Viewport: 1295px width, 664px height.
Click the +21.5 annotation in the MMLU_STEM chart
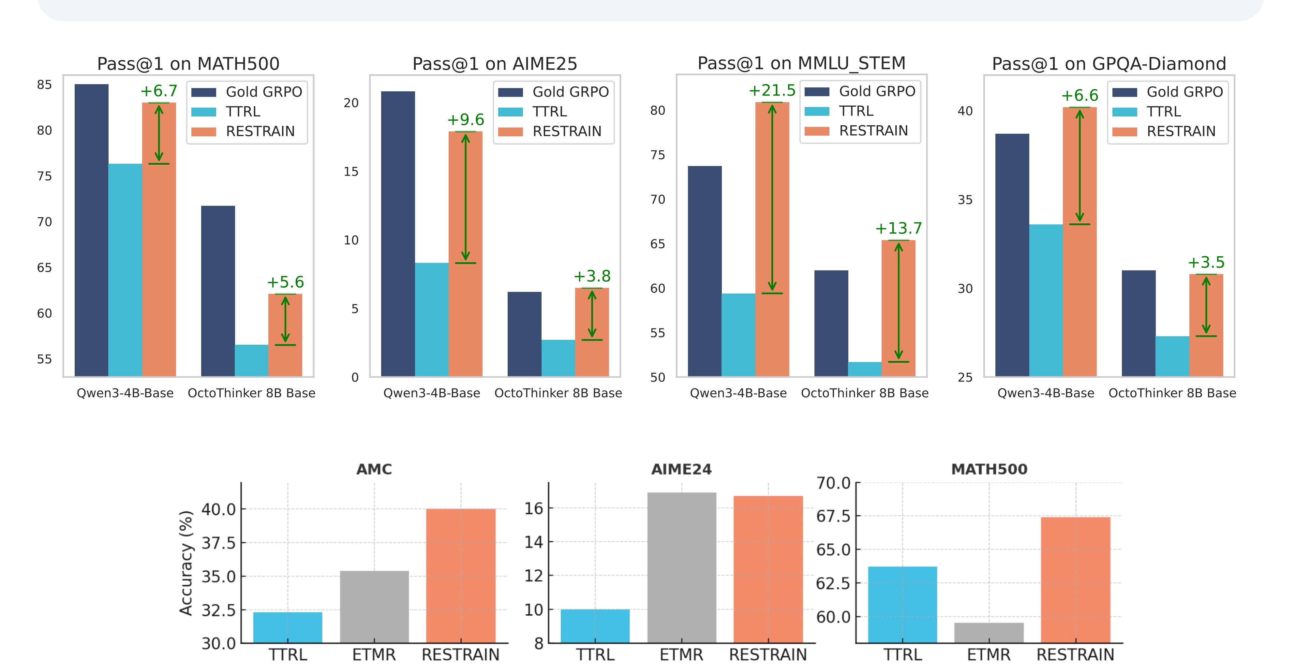pyautogui.click(x=772, y=91)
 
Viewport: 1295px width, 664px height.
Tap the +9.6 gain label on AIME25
pyautogui.click(x=466, y=120)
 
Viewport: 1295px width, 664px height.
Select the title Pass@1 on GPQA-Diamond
pyautogui.click(x=1109, y=64)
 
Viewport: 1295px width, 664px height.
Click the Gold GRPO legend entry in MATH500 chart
pyautogui.click(x=246, y=92)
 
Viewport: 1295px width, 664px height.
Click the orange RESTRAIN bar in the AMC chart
pyautogui.click(x=460, y=576)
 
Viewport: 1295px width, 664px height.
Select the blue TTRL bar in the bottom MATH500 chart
pyautogui.click(x=902, y=604)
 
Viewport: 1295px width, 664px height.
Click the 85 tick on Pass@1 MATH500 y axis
pyautogui.click(x=44, y=85)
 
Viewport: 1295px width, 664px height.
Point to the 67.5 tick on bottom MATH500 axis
pyautogui.click(x=833, y=516)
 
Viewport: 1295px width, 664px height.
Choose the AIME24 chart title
pyautogui.click(x=682, y=469)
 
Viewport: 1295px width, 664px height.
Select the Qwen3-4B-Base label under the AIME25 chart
pyautogui.click(x=432, y=393)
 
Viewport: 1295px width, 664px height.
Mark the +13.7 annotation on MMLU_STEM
pyautogui.click(x=898, y=228)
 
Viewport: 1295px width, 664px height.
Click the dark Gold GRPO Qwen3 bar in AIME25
pyautogui.click(x=398, y=234)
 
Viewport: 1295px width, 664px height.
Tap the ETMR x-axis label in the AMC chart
pyautogui.click(x=374, y=655)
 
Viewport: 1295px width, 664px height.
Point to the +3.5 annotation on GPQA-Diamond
pyautogui.click(x=1206, y=263)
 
